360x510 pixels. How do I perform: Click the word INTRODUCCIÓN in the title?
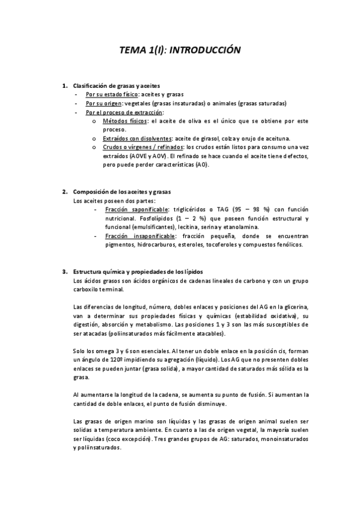point(205,51)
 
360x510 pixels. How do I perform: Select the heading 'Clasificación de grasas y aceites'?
point(116,86)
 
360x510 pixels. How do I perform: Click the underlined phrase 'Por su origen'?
point(103,103)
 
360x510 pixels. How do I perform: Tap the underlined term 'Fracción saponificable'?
point(136,209)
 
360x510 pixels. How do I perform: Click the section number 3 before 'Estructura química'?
point(64,272)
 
